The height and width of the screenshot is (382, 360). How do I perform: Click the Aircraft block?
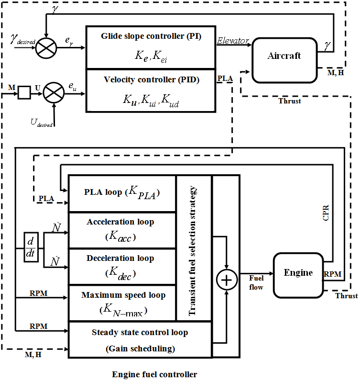click(284, 56)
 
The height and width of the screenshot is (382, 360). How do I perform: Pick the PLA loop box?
click(122, 194)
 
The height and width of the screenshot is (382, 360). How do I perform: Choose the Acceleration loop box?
click(122, 230)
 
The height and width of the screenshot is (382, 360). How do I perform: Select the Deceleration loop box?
click(122, 267)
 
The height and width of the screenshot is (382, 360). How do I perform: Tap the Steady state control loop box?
click(140, 340)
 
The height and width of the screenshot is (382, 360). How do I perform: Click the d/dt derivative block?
click(31, 247)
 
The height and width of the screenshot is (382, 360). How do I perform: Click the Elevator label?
click(233, 41)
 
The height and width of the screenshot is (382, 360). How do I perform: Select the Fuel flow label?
click(256, 282)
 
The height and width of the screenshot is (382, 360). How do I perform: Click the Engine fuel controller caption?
click(154, 374)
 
